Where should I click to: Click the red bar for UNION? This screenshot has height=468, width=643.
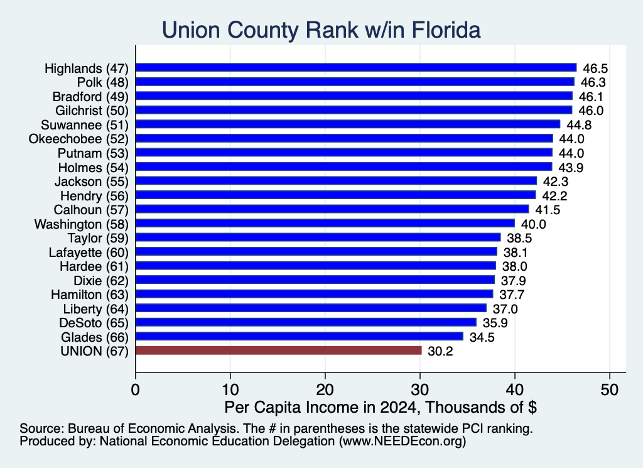[278, 351]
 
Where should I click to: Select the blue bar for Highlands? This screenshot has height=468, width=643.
[356, 68]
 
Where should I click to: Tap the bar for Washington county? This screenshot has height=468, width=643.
[325, 223]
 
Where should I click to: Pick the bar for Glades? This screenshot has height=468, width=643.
[300, 336]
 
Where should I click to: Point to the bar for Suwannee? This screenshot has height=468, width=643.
[348, 124]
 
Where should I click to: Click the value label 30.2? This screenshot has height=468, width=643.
[440, 352]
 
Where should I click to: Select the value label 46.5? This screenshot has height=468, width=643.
[595, 68]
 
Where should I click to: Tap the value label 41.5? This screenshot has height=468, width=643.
[548, 210]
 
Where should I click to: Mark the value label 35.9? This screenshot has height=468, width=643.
[495, 324]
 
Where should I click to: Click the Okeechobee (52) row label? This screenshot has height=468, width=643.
[78, 139]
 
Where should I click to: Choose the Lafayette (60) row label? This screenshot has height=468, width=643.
[89, 253]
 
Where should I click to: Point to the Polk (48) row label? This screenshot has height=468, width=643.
[103, 82]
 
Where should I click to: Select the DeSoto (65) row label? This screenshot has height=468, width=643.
[94, 323]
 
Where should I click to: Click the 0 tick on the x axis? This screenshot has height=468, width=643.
[136, 389]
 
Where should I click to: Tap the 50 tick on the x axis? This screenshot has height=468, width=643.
[609, 389]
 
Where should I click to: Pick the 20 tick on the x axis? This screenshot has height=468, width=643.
[325, 389]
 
